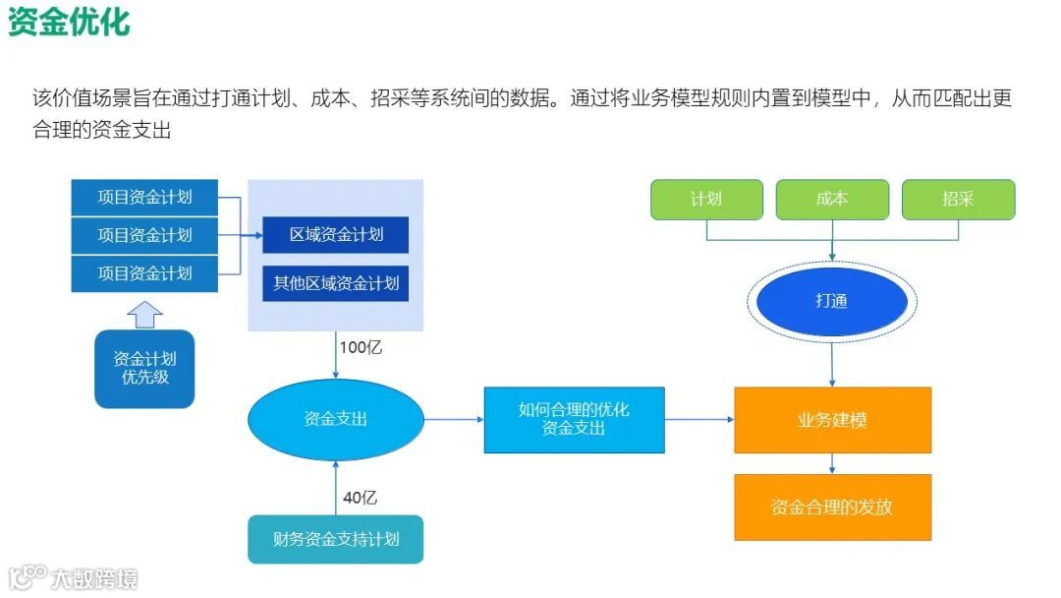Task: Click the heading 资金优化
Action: click(69, 22)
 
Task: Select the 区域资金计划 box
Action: click(336, 235)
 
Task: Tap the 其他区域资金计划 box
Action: click(336, 283)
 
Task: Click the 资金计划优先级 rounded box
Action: click(144, 368)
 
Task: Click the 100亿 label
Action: click(361, 347)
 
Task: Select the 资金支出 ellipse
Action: click(336, 419)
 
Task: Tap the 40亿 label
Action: click(360, 498)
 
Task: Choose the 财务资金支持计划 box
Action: click(336, 539)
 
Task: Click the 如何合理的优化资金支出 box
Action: click(574, 420)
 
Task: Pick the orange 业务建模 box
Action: click(832, 420)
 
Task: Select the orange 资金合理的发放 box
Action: click(832, 508)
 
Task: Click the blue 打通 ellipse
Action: click(832, 301)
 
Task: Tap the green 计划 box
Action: click(706, 199)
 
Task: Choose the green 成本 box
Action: click(832, 199)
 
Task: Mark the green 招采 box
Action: click(958, 199)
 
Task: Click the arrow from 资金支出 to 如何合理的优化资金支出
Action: click(454, 420)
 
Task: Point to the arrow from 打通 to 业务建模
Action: click(832, 359)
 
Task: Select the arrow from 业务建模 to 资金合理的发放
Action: click(832, 464)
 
